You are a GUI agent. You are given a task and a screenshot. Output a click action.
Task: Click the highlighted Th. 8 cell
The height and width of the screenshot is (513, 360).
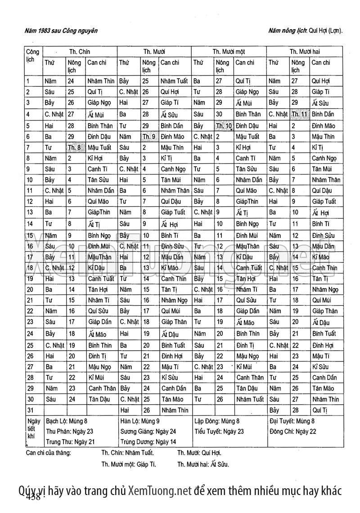[x=75, y=147]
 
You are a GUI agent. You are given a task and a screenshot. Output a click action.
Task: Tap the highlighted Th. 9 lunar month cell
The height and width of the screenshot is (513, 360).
[x=150, y=136]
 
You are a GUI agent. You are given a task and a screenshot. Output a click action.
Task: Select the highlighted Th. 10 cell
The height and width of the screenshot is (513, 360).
[x=224, y=125]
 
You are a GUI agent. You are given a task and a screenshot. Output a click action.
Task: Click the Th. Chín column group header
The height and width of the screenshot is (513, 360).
[x=79, y=52]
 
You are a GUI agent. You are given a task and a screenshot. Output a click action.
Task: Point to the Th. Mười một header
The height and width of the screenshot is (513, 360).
[x=229, y=52]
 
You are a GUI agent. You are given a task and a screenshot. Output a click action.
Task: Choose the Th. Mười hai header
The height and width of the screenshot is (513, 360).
[x=305, y=52]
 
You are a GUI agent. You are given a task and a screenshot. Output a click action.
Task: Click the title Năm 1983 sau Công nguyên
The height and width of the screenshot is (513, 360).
[x=62, y=31]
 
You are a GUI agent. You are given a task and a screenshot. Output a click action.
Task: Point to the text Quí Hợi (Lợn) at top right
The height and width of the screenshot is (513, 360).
[x=325, y=31]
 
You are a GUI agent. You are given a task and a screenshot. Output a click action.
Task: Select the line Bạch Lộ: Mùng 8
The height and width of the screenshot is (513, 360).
[x=68, y=421]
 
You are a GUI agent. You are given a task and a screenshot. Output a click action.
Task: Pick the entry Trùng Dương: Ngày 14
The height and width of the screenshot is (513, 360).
[x=148, y=442]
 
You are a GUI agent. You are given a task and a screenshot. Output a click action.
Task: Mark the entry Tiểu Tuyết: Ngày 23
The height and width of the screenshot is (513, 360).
[x=219, y=431]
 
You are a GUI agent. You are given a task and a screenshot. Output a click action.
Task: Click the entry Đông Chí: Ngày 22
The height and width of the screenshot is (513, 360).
[x=292, y=431]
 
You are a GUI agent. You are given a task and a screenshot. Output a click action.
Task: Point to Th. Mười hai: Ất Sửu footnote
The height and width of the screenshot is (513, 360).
[x=203, y=464]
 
